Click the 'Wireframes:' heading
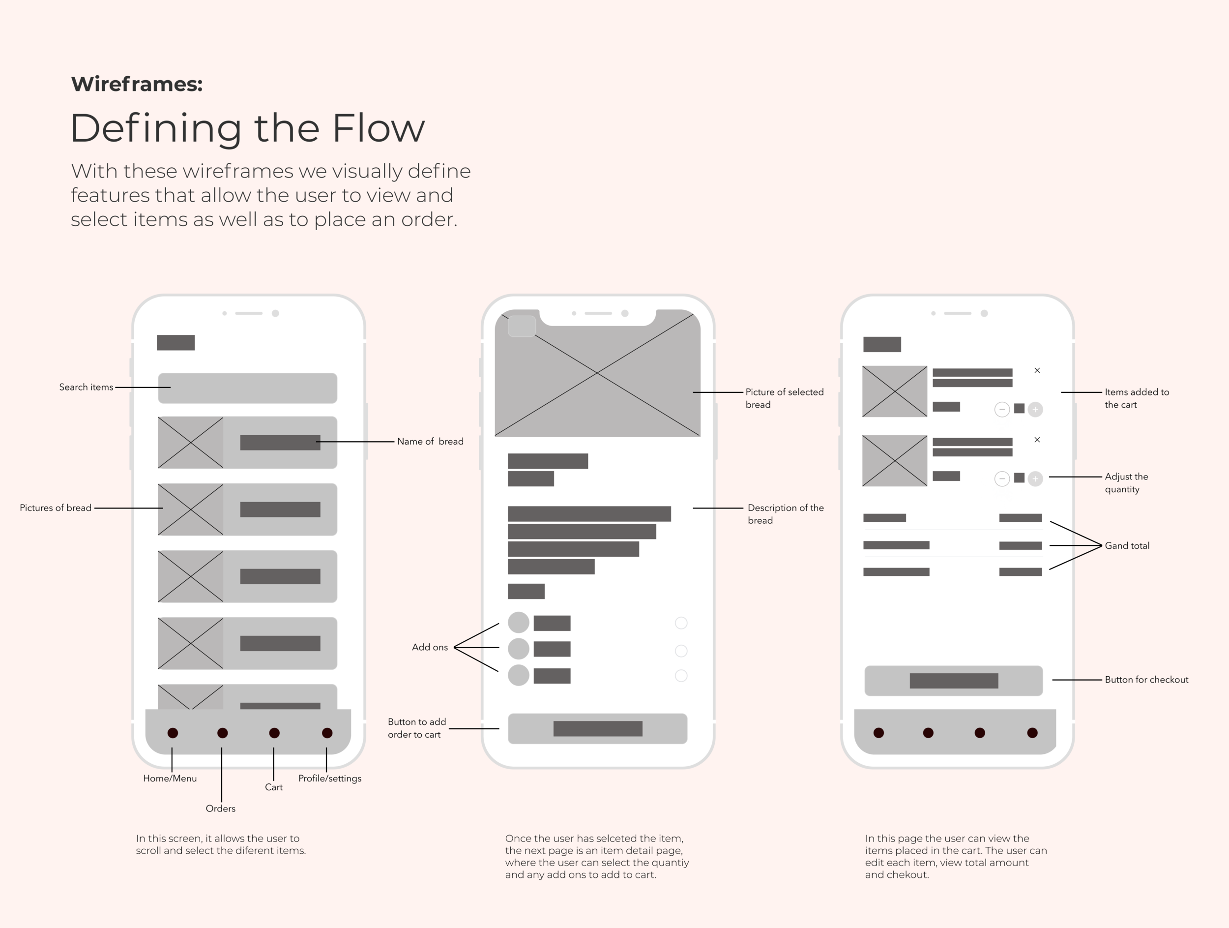(x=137, y=85)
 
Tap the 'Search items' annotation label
(x=86, y=388)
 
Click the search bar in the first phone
(x=247, y=389)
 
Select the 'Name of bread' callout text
(x=430, y=442)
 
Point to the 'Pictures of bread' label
(x=56, y=508)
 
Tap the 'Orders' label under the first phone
(x=221, y=808)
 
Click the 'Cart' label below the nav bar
(x=273, y=787)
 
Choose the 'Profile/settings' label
(x=329, y=778)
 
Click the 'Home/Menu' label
(x=170, y=778)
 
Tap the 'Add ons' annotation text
(x=430, y=647)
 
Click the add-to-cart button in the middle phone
(x=597, y=728)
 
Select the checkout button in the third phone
(x=953, y=681)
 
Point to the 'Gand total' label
(x=1127, y=546)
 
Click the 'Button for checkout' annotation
(x=1146, y=680)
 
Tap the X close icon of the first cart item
(x=1037, y=371)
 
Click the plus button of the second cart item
(x=1035, y=479)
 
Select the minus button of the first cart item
(x=1002, y=410)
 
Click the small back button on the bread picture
(x=522, y=326)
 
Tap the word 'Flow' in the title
(x=379, y=128)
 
